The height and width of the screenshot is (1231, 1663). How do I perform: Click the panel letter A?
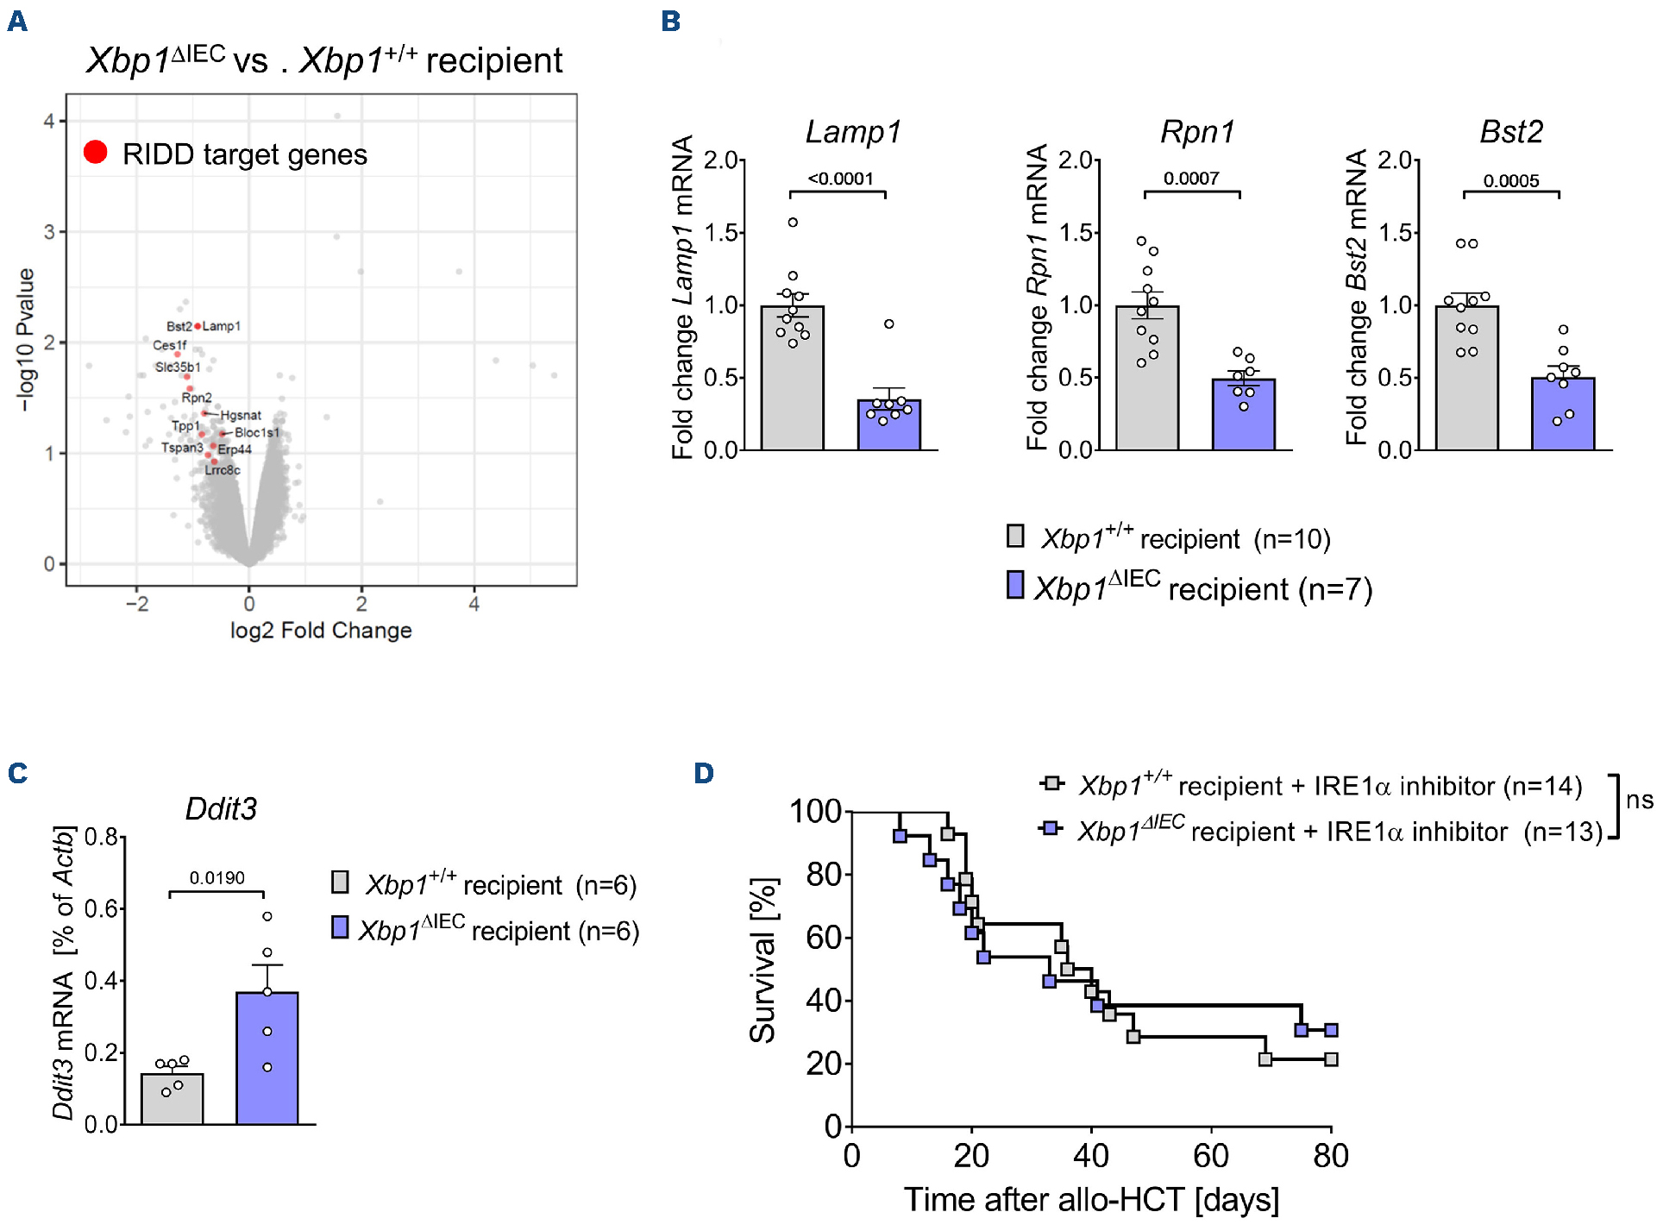17,22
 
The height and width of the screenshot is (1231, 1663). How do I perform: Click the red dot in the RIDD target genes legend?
96,153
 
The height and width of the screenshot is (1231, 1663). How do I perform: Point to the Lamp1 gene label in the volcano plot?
222,326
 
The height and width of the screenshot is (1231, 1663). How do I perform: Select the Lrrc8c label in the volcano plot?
223,470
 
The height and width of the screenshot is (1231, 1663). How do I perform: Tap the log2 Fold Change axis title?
321,631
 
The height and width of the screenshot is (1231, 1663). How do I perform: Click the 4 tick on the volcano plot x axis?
474,605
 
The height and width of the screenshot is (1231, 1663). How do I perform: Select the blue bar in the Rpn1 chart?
1243,414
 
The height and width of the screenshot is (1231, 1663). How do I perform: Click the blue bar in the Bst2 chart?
1562,414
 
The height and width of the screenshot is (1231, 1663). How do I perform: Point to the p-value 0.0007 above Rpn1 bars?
1191,179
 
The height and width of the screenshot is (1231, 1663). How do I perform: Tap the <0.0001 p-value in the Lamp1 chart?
840,179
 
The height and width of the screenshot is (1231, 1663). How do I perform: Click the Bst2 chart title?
1511,132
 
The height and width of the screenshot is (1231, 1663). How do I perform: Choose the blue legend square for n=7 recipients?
1015,585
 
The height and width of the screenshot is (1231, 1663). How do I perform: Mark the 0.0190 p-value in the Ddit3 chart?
217,878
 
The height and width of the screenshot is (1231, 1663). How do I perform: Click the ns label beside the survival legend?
1639,800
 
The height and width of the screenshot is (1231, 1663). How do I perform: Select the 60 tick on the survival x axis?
1210,1156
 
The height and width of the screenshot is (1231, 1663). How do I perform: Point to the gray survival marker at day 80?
1331,1059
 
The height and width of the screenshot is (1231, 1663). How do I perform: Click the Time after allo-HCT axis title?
1091,1200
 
